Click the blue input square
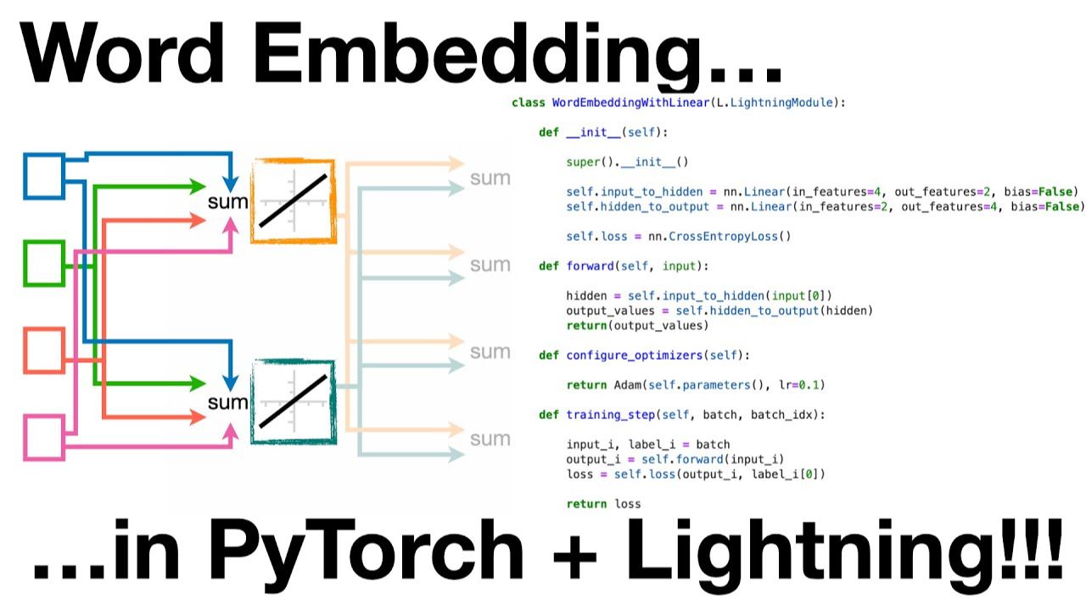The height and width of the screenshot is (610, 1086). pos(44,176)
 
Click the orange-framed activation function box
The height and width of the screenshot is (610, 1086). pos(293,201)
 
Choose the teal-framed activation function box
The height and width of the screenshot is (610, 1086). pos(293,401)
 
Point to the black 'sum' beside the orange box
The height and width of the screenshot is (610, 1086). pos(227,202)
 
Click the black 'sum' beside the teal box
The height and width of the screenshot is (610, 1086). pos(227,402)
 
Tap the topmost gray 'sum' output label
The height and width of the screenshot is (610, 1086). pos(490,178)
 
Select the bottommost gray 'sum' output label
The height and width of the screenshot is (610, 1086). pos(490,439)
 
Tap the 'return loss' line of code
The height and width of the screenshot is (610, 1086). pos(603,504)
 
